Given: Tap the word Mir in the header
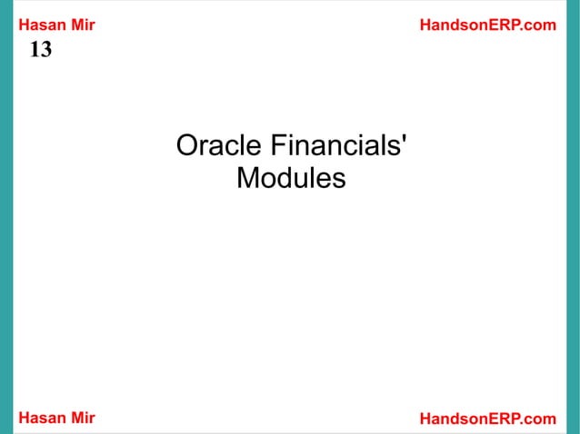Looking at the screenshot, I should (x=83, y=25).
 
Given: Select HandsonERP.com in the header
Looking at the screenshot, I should (x=487, y=25).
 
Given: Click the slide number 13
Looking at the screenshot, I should (x=41, y=51).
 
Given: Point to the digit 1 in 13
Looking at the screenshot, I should (x=35, y=51).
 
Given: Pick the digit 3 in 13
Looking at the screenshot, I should (x=46, y=51).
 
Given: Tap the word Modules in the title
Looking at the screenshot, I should (x=290, y=179).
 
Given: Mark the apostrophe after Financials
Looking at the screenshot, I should (x=404, y=139).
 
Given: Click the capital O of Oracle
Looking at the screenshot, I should (x=186, y=146).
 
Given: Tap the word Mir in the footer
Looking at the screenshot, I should (x=83, y=418).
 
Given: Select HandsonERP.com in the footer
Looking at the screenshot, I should (x=487, y=418).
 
